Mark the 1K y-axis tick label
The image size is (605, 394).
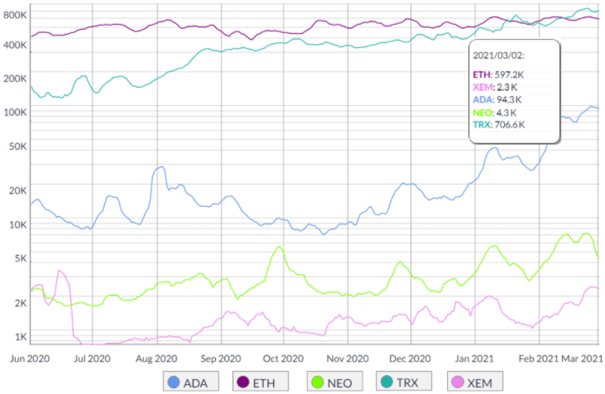point(19,338)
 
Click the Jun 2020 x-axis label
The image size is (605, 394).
point(30,359)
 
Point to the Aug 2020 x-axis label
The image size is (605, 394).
point(156,359)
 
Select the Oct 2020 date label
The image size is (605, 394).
point(283,359)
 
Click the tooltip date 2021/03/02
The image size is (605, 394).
point(498,55)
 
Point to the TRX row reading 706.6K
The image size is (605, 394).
point(498,124)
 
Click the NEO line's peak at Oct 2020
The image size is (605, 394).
point(280,247)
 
